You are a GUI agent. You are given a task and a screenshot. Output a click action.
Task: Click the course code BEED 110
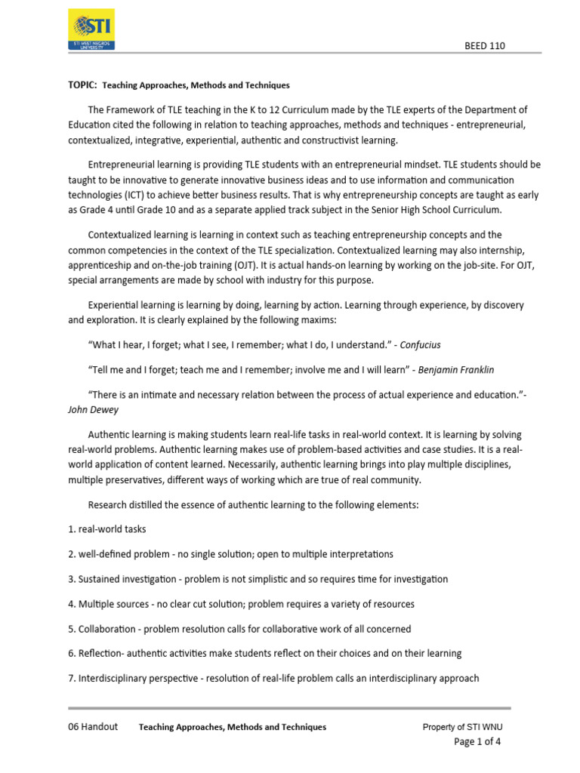point(484,46)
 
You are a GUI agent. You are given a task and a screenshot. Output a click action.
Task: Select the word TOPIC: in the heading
point(82,85)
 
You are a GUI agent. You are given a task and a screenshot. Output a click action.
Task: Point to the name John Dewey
point(93,410)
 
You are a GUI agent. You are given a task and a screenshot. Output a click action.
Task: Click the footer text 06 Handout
point(93,727)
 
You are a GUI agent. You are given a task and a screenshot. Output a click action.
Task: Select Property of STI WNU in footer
point(462,727)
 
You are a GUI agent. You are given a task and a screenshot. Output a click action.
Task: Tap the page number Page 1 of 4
point(477,741)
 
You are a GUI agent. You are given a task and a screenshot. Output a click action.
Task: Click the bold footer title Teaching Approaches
point(233,727)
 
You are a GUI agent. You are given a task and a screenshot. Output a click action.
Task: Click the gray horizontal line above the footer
point(289,708)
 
